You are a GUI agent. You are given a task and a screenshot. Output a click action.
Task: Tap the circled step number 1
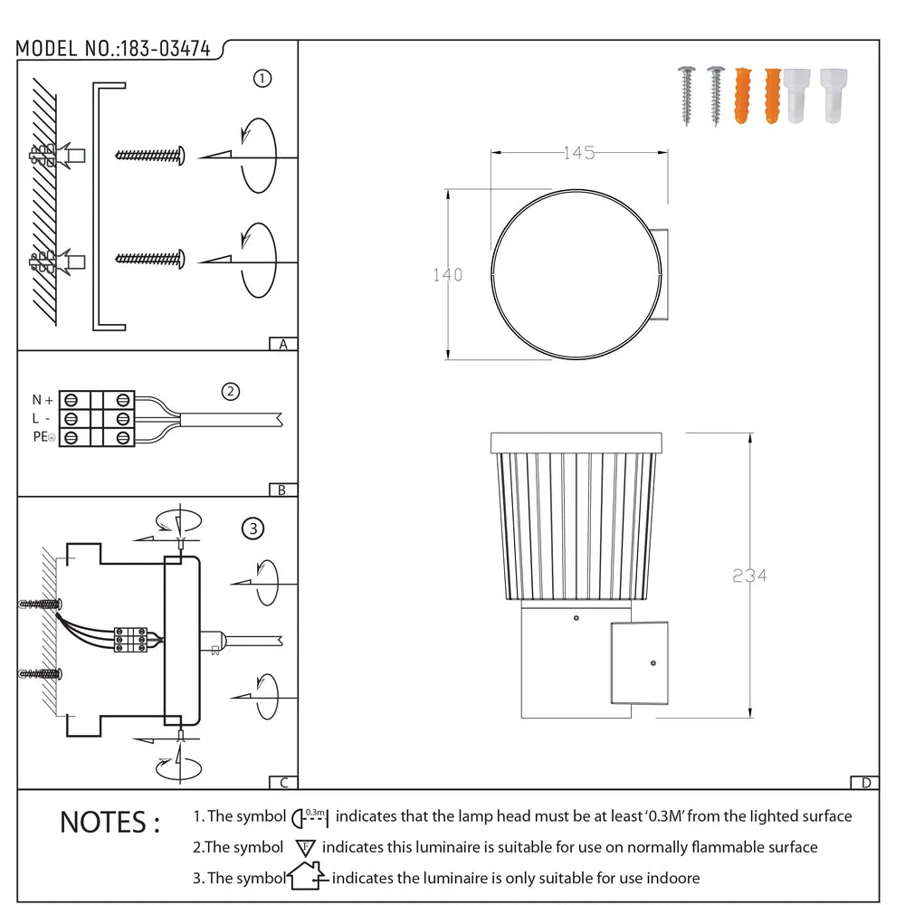tap(262, 79)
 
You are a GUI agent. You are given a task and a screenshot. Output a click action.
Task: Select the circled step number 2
tap(232, 391)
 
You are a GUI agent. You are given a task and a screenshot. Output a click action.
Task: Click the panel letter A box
tap(283, 344)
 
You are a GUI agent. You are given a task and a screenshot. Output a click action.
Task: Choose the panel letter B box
tap(283, 490)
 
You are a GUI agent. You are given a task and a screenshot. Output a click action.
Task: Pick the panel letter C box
tap(283, 783)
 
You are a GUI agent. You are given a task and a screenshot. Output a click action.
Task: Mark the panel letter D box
tap(865, 783)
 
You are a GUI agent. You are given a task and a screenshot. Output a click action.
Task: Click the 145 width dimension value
tap(578, 154)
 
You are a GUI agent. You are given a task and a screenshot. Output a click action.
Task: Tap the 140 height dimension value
tap(447, 275)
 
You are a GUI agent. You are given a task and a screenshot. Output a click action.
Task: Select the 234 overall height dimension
tap(749, 576)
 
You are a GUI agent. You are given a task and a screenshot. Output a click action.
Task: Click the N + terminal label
tap(43, 399)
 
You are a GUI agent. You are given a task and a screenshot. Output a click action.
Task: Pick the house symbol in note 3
tap(305, 876)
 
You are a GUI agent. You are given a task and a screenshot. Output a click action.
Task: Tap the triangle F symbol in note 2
tap(305, 848)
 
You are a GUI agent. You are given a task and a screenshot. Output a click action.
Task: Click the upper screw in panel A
tap(150, 155)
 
